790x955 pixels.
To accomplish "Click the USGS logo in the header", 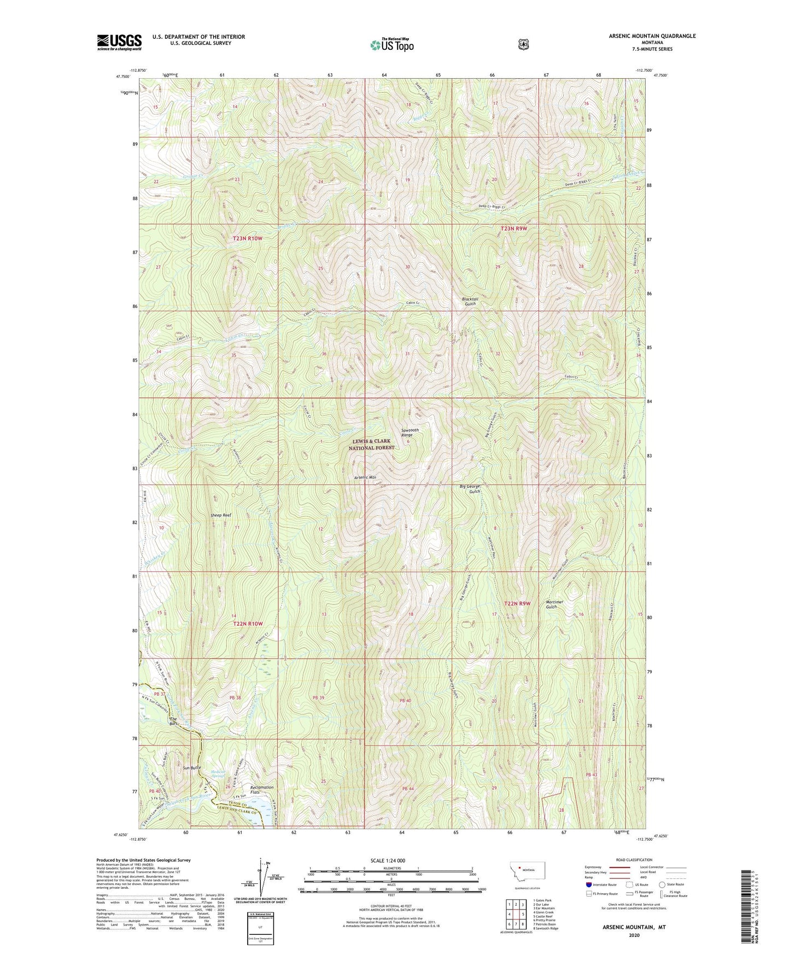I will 119,42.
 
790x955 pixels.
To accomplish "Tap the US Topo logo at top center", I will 391,45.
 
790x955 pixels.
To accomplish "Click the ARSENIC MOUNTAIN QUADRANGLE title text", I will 652,36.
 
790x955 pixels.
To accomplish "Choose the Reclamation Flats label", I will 261,789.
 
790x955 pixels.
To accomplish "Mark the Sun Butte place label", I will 192,768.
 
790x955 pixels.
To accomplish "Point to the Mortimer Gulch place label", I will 554,604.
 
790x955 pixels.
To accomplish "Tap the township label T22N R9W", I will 517,603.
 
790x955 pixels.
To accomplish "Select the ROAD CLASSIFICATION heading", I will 634,860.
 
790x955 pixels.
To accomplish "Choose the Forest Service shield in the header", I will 523,43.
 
